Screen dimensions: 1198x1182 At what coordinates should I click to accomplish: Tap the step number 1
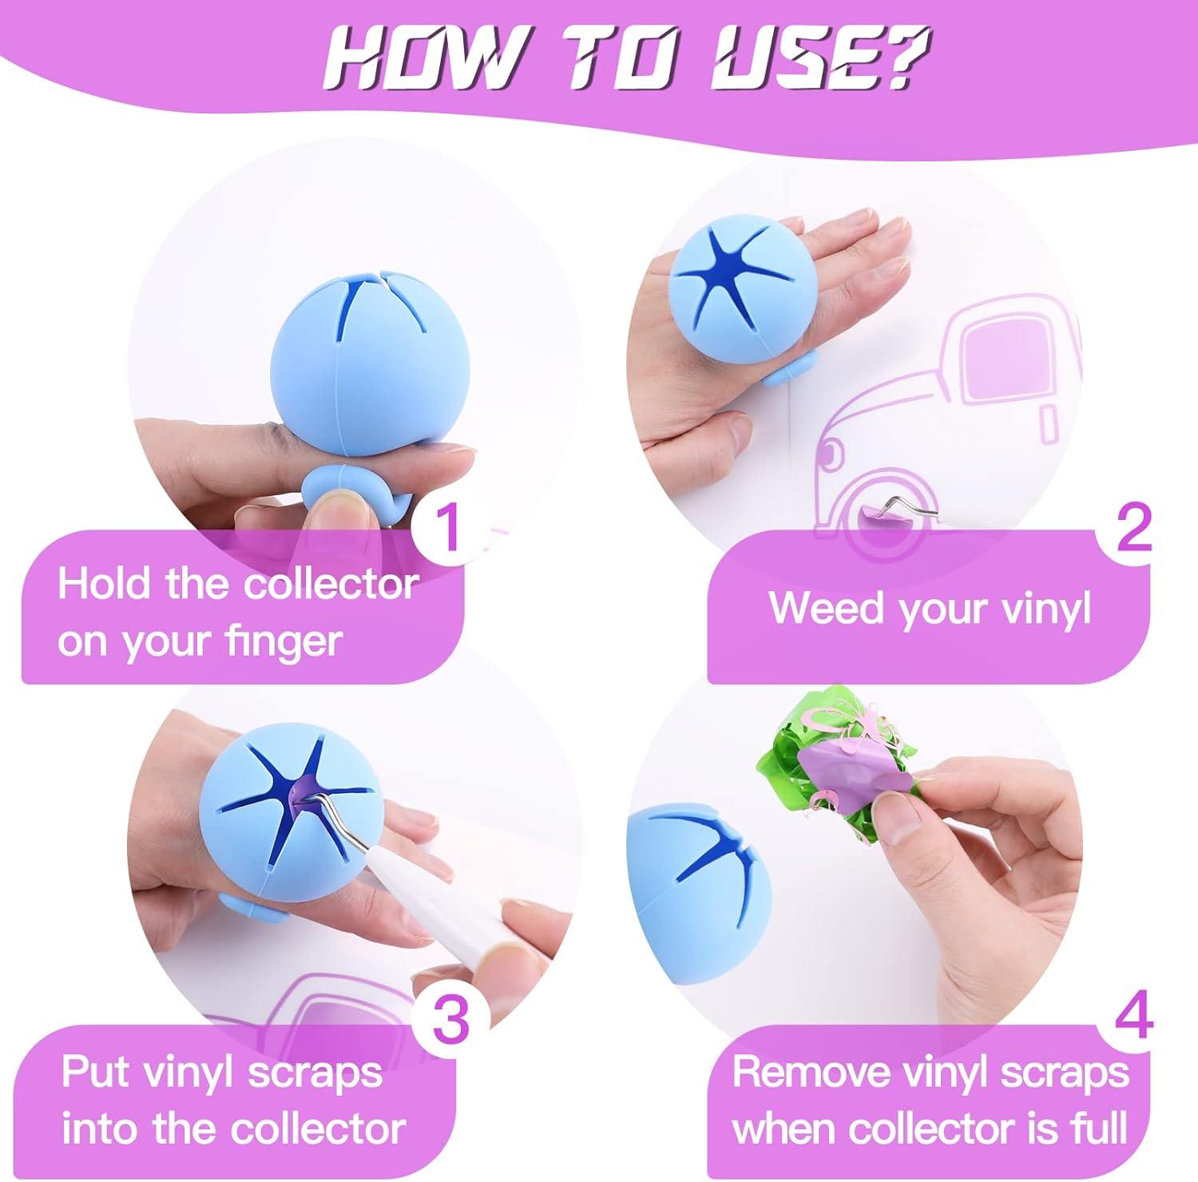coord(449,526)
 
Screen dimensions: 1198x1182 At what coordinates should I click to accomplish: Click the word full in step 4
coord(1103,1128)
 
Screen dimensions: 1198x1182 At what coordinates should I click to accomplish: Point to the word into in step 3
coord(98,1129)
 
